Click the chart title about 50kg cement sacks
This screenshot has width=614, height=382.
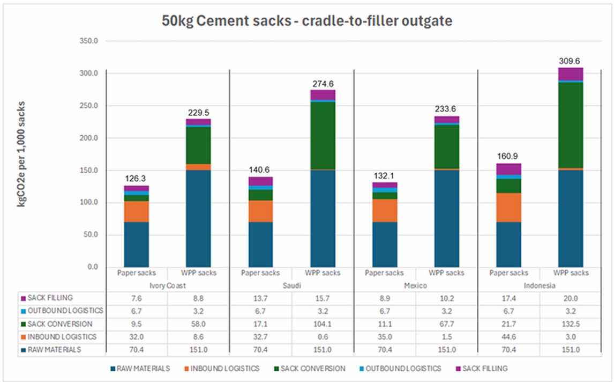(306, 22)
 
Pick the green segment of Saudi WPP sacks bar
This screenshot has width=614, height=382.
(323, 135)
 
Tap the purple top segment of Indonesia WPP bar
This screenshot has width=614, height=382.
(571, 74)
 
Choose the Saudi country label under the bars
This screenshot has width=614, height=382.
(291, 286)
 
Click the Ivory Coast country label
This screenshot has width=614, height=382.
(167, 286)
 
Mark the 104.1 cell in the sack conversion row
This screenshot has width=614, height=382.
(323, 324)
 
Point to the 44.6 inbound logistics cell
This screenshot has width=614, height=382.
(508, 337)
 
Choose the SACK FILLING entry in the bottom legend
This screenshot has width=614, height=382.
(484, 369)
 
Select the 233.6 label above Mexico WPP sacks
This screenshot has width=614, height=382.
(447, 109)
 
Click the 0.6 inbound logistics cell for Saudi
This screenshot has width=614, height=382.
(323, 337)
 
